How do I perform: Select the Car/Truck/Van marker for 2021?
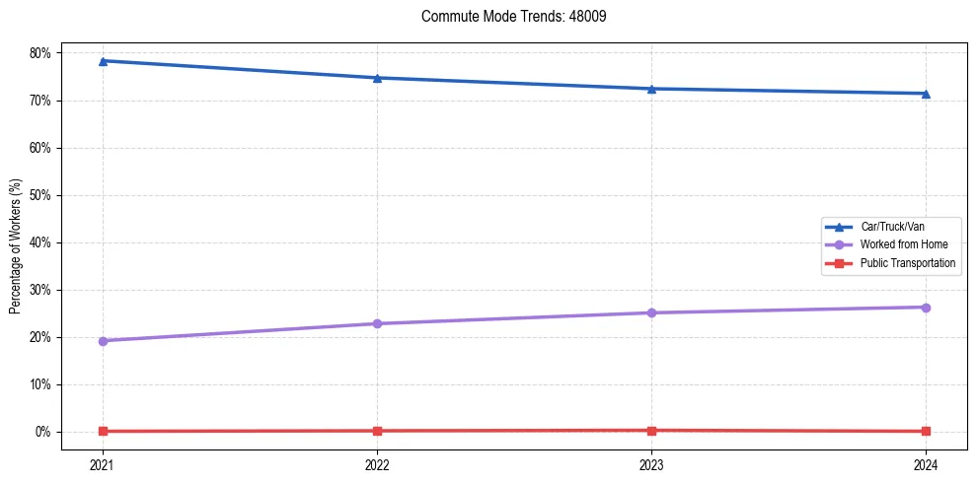point(103,61)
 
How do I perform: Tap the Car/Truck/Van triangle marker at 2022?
point(377,78)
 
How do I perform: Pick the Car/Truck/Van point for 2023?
point(651,89)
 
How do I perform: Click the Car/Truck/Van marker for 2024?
point(926,94)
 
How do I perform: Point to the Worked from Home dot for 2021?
point(103,341)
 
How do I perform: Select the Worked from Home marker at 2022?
point(377,323)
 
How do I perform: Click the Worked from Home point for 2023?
point(651,312)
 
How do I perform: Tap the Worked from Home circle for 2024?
point(926,308)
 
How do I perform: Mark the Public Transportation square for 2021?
point(103,431)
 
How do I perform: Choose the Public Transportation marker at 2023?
point(651,430)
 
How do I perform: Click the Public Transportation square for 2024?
point(926,431)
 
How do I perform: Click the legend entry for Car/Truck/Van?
point(892,227)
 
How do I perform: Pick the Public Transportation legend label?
point(907,263)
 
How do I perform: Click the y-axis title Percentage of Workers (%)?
point(16,246)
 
